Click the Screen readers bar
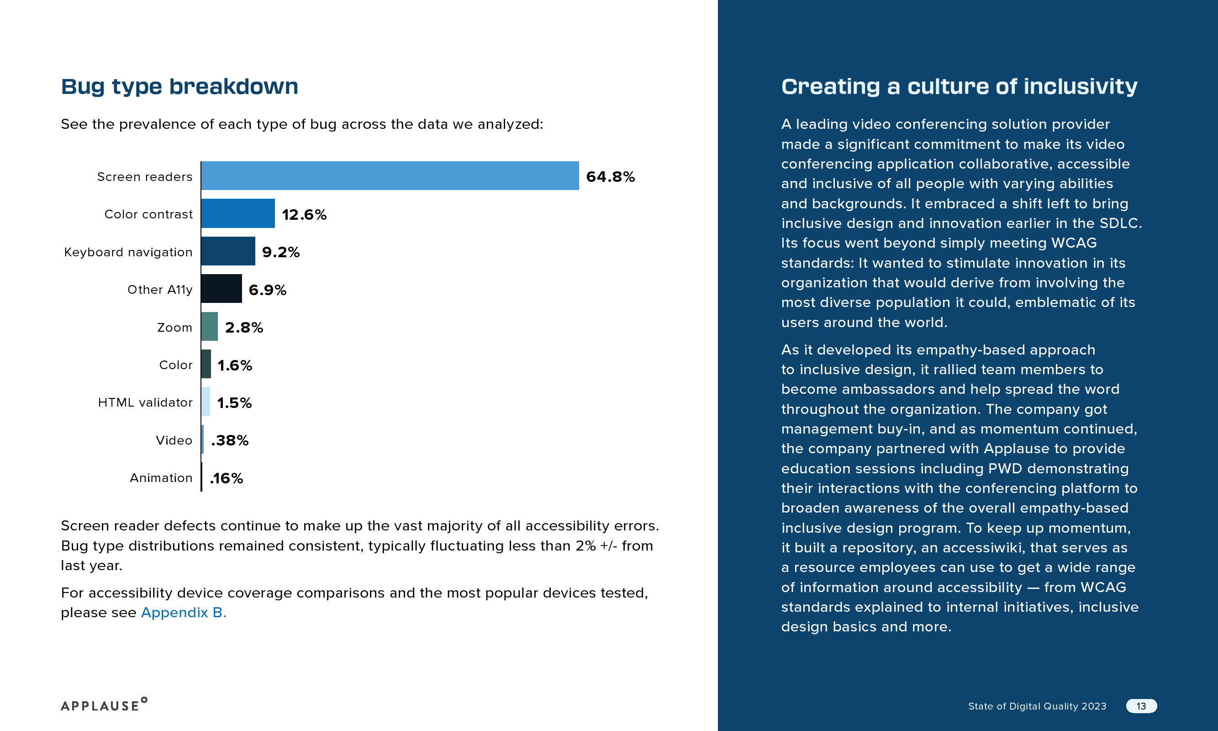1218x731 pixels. (390, 176)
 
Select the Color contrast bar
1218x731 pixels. (238, 214)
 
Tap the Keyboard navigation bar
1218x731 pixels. (228, 251)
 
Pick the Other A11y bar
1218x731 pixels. (221, 289)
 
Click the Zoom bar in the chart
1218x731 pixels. (209, 327)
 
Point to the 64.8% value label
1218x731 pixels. (610, 177)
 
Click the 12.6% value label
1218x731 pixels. (304, 215)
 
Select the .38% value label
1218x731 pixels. (229, 440)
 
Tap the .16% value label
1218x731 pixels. (227, 478)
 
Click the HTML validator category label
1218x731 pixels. (145, 403)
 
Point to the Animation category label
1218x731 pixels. (161, 478)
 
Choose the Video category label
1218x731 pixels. (174, 440)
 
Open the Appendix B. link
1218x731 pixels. (183, 612)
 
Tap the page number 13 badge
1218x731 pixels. (1141, 706)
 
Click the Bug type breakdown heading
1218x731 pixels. (179, 87)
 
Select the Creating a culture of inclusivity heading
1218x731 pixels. (959, 87)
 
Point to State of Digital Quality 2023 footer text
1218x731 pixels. (1037, 706)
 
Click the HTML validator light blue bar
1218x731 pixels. (206, 402)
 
